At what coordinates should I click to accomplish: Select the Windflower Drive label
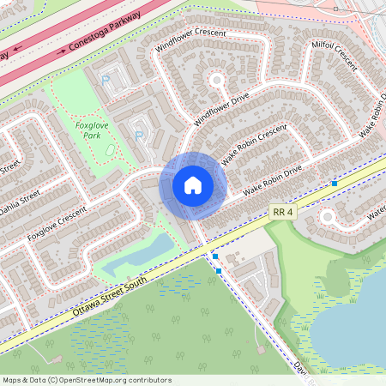[220, 110]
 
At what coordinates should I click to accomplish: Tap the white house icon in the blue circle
[192, 184]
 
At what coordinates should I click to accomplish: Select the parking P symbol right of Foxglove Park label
[138, 135]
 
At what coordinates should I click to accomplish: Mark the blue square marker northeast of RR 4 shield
[334, 184]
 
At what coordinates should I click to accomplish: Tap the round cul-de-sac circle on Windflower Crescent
[216, 81]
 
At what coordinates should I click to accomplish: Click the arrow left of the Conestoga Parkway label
[61, 52]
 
